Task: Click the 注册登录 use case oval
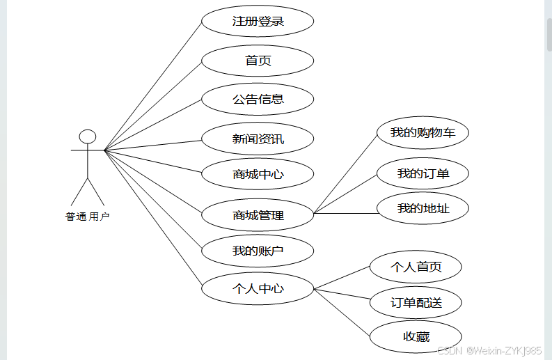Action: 258,22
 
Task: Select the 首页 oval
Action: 258,61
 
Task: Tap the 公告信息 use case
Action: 258,99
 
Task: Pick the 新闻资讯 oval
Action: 258,139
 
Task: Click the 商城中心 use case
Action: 258,174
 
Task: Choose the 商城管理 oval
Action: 258,215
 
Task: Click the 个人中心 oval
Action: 258,288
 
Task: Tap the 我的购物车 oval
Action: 423,132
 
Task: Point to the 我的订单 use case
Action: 423,173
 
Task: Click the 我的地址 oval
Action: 423,208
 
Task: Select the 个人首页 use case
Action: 416,267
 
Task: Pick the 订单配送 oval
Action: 416,303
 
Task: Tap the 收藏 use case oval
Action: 416,337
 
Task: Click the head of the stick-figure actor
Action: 87,136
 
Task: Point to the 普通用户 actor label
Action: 88,217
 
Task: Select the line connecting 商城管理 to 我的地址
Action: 346,213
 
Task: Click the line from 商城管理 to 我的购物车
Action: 347,171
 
